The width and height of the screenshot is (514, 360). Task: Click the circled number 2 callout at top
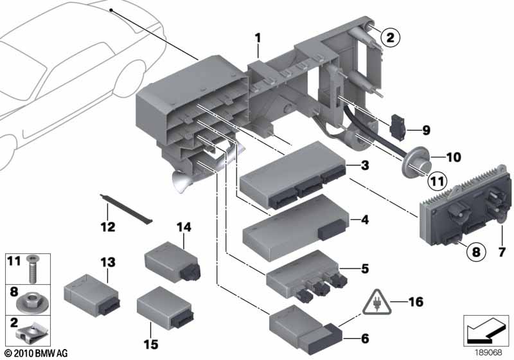(x=389, y=38)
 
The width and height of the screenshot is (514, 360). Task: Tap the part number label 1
(x=257, y=39)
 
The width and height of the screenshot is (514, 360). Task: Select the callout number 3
(x=365, y=166)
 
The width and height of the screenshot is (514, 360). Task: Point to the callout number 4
(x=365, y=220)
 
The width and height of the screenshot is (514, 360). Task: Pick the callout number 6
(x=365, y=336)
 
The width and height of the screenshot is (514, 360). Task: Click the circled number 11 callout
(x=436, y=182)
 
